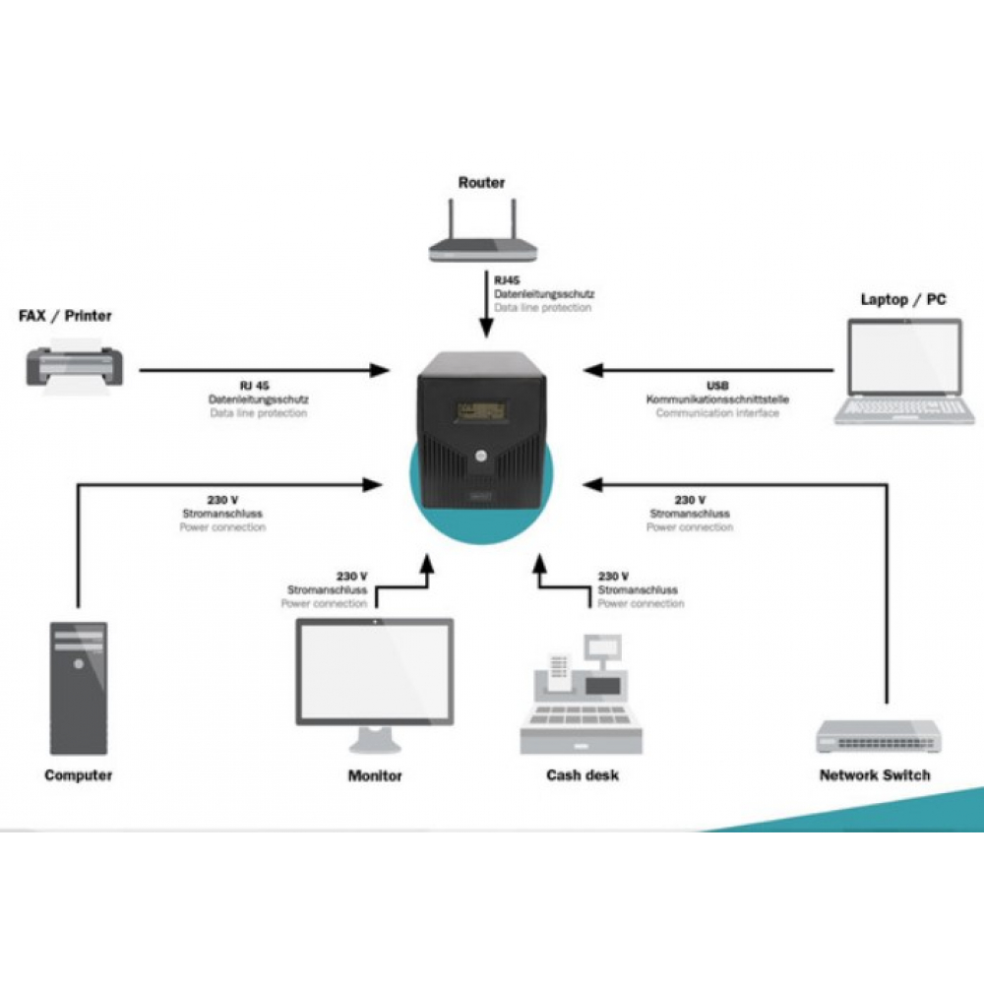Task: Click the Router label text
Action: point(481,182)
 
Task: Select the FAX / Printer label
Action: point(66,316)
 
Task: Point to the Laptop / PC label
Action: point(902,299)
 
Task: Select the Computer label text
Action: point(79,775)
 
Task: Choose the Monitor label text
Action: point(375,775)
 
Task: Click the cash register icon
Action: point(581,694)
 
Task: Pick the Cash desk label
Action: point(583,775)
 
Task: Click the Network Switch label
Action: point(874,775)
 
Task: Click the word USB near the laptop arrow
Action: point(717,386)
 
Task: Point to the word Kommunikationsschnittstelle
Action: point(717,400)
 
